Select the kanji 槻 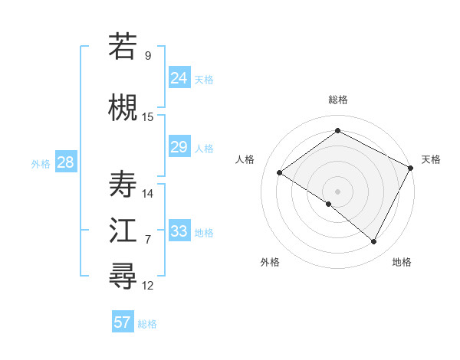pos(123,107)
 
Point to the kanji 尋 pos(123,277)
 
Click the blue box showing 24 pos(179,77)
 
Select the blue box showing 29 pos(179,147)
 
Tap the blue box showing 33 pos(179,231)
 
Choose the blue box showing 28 pos(65,162)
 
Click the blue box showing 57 pos(123,322)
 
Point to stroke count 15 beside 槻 pos(148,116)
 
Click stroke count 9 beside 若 pos(148,55)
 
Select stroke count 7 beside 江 pos(148,240)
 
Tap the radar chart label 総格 pos(337,100)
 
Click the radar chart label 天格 pos(431,159)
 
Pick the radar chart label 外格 pos(270,262)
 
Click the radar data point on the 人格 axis pos(280,172)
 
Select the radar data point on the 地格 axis pos(374,242)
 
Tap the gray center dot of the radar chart pos(337,191)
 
